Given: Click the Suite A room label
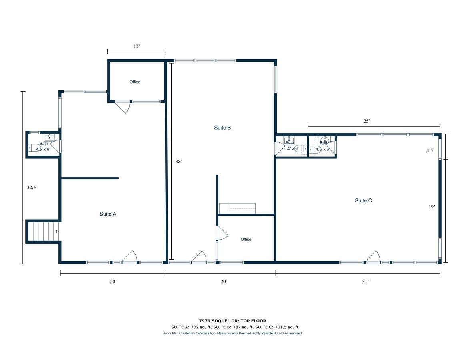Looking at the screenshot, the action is point(108,214).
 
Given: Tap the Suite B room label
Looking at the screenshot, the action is point(222,128).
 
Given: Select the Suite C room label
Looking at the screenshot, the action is point(364,201).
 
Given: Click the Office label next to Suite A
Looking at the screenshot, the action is point(135,82).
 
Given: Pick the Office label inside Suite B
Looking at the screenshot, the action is point(246,239).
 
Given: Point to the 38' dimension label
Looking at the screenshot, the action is point(179,162).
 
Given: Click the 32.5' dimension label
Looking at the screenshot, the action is point(32,188).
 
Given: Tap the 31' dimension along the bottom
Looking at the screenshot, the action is point(366,282).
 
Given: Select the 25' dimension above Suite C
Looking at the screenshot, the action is point(367,121).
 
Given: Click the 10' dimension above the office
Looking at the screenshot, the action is point(136,47).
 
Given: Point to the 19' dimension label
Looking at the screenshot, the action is point(432,207).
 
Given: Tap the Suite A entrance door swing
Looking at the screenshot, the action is point(130,257).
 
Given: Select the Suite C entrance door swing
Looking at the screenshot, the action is point(373,257).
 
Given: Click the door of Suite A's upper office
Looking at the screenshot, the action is point(123,107).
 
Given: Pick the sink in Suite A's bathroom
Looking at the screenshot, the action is point(49,138).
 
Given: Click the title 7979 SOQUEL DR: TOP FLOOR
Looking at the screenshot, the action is point(233,321).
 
